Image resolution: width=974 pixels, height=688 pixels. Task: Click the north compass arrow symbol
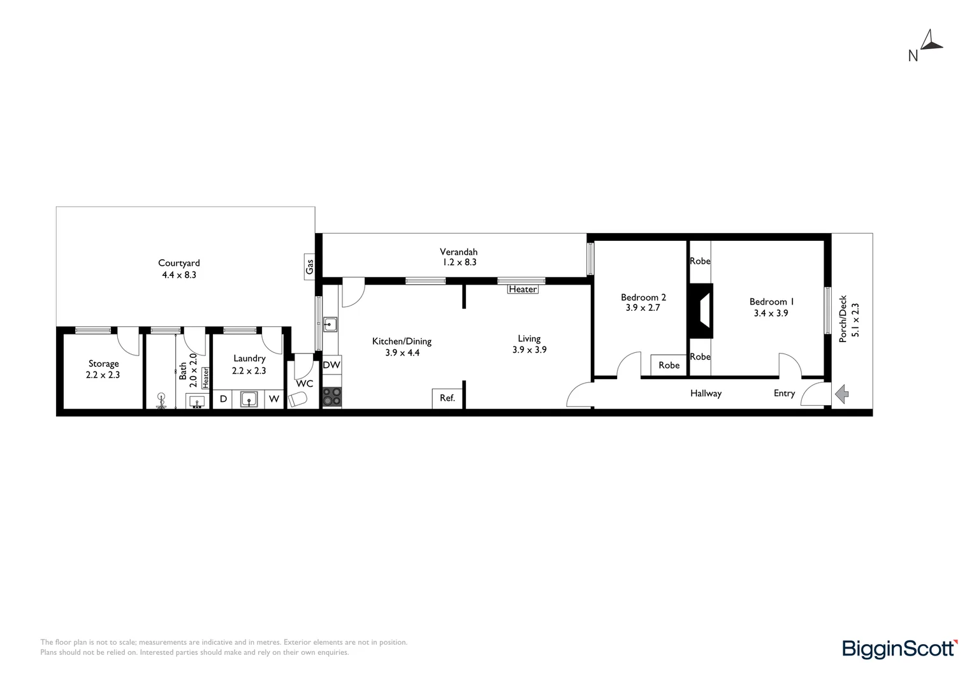point(932,40)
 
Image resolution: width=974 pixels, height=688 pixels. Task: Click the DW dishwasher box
point(331,365)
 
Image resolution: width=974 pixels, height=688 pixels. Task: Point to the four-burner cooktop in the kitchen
point(331,397)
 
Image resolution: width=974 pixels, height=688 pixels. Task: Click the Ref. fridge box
point(447,398)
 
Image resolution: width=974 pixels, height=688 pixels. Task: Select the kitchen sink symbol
point(330,324)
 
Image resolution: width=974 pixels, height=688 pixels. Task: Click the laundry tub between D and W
point(249,399)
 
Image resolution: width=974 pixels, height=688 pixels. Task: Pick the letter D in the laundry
point(223,399)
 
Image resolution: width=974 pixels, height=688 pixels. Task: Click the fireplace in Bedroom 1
point(701,310)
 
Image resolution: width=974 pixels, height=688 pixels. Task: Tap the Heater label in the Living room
point(523,289)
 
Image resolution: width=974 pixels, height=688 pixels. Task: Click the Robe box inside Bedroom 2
point(669,365)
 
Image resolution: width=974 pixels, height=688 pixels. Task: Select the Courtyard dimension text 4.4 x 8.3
point(179,275)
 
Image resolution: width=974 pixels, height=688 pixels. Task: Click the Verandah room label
point(458,252)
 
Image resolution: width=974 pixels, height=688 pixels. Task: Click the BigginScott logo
point(899,649)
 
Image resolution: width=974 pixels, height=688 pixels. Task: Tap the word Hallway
point(706,394)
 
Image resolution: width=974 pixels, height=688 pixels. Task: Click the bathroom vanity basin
point(197,401)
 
